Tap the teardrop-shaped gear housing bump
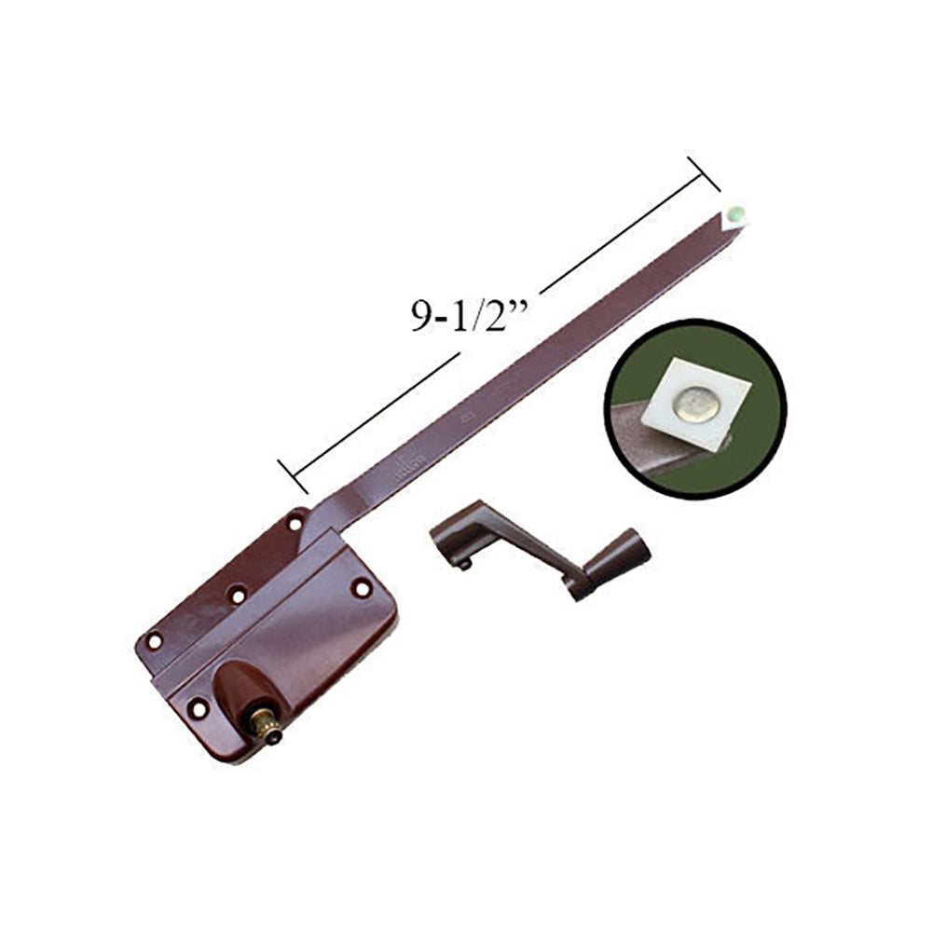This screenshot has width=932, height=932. [238, 691]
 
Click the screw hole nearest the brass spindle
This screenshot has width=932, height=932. [199, 710]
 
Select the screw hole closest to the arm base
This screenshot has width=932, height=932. [295, 524]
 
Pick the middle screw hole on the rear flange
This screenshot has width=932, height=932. [239, 593]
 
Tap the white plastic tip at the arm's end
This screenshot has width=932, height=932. [736, 213]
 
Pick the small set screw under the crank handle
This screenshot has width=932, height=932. [463, 563]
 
